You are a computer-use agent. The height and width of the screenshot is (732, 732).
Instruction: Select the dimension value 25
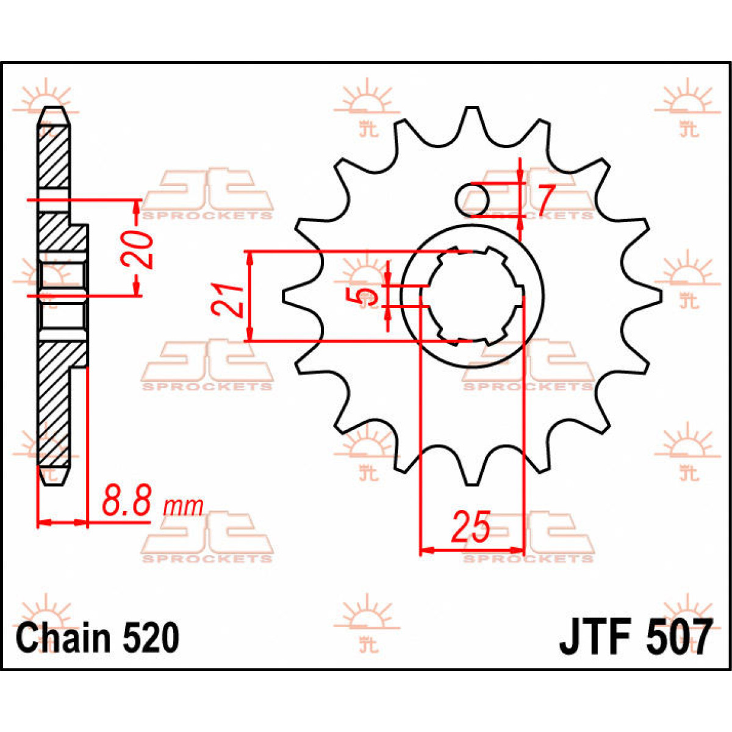tap(470, 528)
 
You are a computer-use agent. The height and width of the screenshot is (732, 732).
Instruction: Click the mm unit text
tap(182, 506)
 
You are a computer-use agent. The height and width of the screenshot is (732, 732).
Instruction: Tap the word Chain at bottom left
tap(63, 638)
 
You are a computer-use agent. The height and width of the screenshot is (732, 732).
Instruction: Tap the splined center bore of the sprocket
tap(473, 296)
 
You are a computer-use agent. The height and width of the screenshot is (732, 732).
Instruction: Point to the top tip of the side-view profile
tap(54, 113)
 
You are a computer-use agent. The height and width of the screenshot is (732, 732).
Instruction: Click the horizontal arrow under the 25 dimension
tap(472, 550)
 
